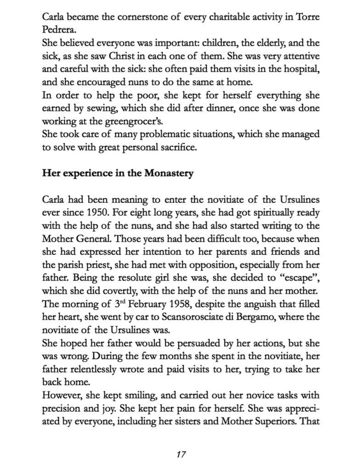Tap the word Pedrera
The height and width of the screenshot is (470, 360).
click(58, 29)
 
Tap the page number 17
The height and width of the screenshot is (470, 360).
click(180, 454)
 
